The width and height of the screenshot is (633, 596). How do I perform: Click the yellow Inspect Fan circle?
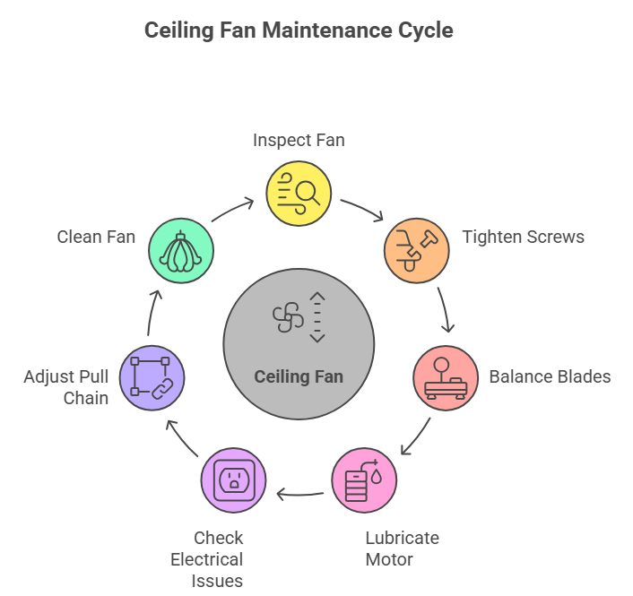click(299, 194)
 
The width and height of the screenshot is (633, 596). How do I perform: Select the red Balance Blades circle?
click(446, 377)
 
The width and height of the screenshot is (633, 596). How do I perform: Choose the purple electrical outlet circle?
click(233, 481)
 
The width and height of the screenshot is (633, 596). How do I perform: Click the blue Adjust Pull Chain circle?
click(152, 377)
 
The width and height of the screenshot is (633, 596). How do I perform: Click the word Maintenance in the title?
click(325, 30)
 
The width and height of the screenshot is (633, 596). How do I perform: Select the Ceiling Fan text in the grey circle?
click(299, 376)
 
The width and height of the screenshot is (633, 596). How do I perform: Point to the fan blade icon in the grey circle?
click(288, 316)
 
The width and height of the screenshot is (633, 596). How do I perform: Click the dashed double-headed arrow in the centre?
click(317, 316)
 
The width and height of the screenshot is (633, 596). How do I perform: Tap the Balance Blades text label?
click(550, 376)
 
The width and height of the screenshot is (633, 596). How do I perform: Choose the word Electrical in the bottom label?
click(207, 559)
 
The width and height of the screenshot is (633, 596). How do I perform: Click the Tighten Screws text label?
click(524, 238)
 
